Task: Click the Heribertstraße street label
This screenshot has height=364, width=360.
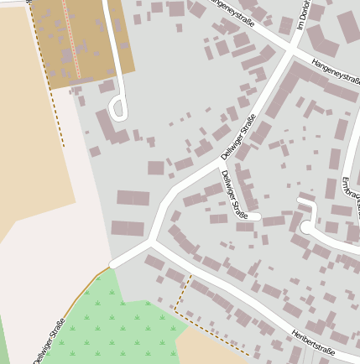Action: click(313, 342)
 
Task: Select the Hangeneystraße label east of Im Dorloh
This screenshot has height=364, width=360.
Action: click(335, 73)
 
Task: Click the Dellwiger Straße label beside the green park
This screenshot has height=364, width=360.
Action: click(50, 340)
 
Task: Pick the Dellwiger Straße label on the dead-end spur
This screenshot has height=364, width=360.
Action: click(234, 194)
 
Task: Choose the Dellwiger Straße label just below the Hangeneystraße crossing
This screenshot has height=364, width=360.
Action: click(238, 138)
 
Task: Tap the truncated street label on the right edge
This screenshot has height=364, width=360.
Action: click(352, 197)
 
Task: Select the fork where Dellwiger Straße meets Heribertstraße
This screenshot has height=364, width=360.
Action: click(151, 244)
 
